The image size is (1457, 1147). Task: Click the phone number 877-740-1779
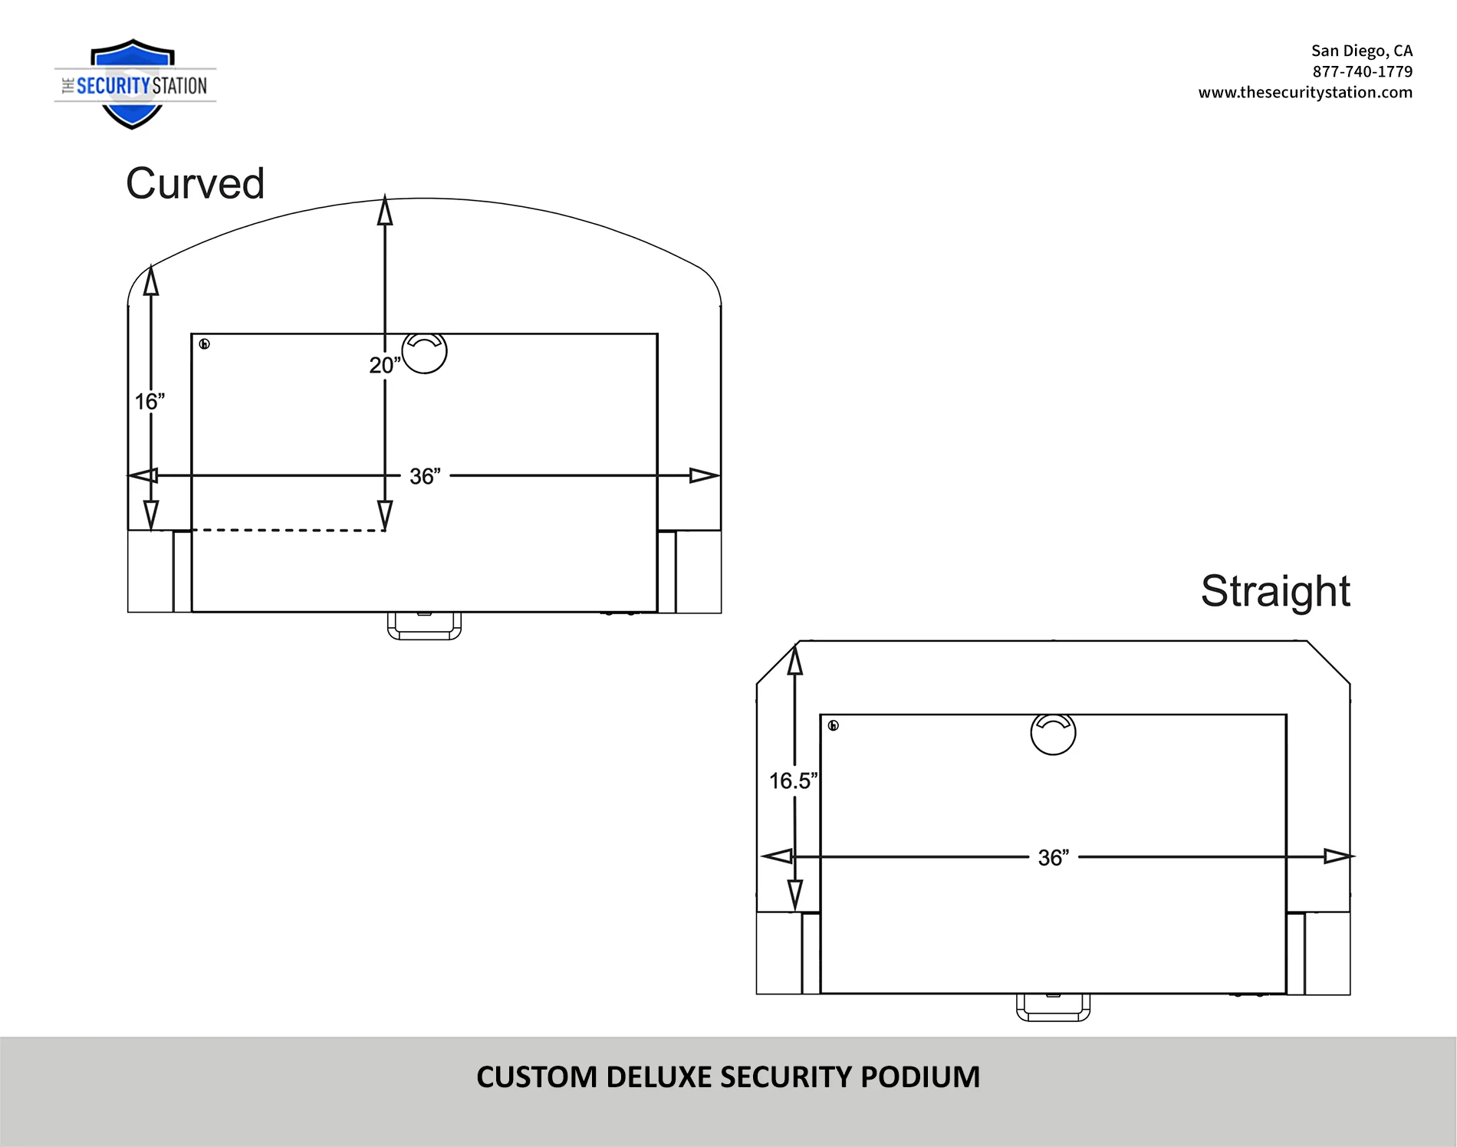tap(1362, 71)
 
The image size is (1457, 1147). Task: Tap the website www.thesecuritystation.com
tap(1305, 92)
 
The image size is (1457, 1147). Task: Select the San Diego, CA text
tap(1361, 51)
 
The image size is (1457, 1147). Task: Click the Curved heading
tap(195, 184)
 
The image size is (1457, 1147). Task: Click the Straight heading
tap(1275, 591)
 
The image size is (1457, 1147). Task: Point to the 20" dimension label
tap(385, 365)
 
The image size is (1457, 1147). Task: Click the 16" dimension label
tap(150, 401)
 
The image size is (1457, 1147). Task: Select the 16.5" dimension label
tap(794, 781)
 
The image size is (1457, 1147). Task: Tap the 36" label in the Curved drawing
tap(425, 476)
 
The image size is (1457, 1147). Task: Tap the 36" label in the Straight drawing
tap(1054, 857)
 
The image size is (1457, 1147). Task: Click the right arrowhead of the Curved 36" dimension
tap(705, 475)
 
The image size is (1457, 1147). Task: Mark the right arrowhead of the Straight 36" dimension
tap(1339, 856)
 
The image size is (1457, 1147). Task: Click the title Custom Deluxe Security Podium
tap(728, 1077)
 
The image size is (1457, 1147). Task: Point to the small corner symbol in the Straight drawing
tap(834, 725)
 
